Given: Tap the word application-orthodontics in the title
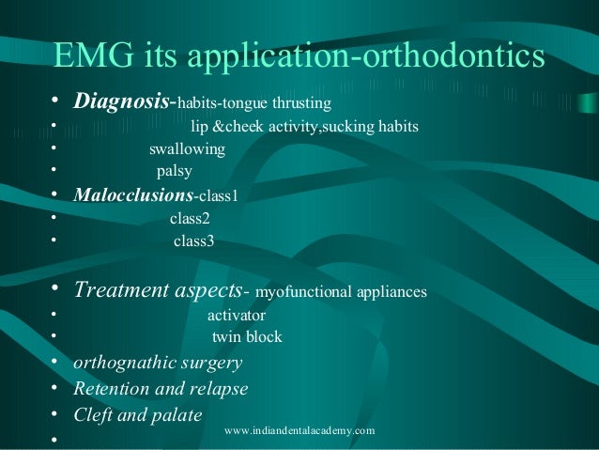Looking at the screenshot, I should click(x=367, y=56).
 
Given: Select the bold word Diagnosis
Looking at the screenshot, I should click(x=122, y=101).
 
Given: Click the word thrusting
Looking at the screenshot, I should click(x=301, y=102).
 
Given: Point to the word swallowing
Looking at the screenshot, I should click(x=187, y=149).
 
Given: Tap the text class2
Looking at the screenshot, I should click(x=190, y=218).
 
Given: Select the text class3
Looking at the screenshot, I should click(x=193, y=241).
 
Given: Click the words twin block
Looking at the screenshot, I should click(x=247, y=337).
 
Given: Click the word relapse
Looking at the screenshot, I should click(x=220, y=388).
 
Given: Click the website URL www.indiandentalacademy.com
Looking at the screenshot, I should click(x=300, y=430).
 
